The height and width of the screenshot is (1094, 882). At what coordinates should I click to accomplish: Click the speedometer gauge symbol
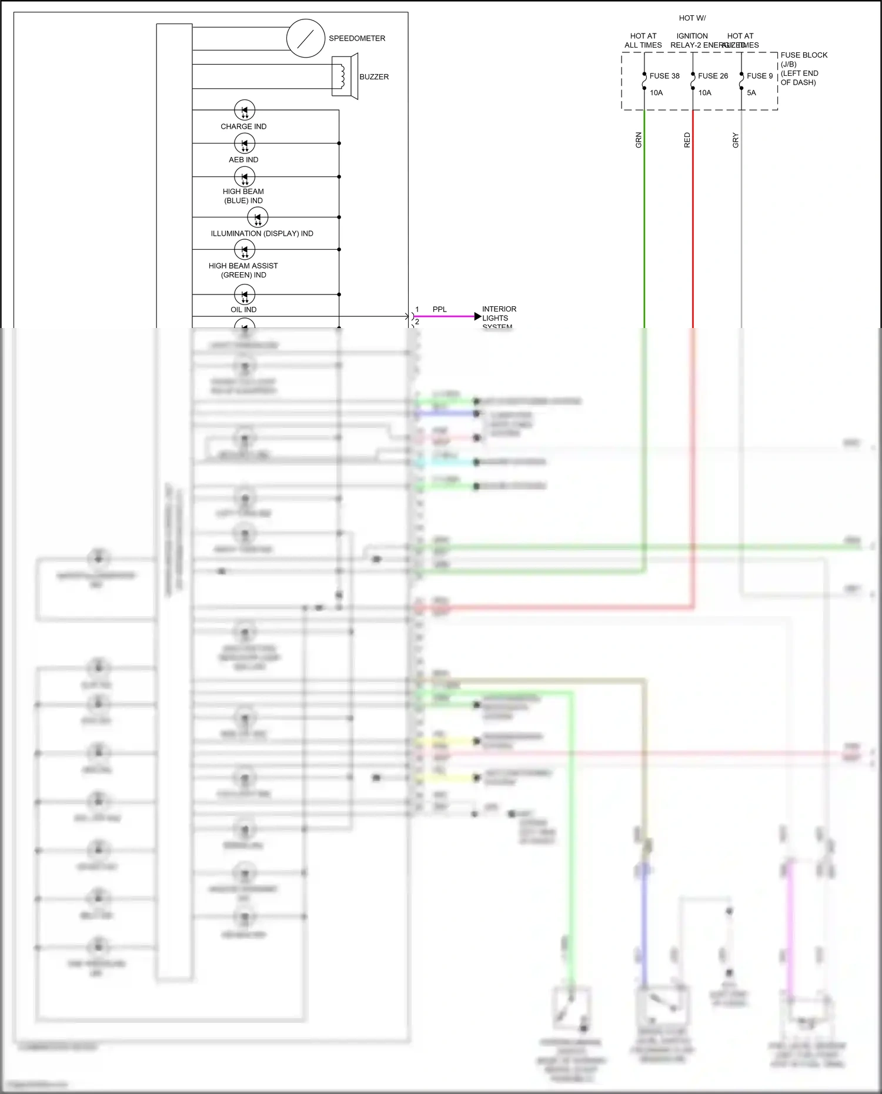point(306,38)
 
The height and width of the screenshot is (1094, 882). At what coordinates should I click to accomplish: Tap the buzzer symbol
point(345,76)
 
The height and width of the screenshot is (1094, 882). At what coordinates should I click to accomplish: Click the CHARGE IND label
point(243,126)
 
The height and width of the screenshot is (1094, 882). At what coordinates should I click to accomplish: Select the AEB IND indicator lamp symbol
point(245,143)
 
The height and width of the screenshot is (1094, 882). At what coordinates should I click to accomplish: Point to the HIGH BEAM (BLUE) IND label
point(243,196)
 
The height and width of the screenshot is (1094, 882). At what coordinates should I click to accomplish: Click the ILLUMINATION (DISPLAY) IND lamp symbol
point(258,218)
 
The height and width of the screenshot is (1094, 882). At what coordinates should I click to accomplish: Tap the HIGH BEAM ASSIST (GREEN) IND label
point(243,270)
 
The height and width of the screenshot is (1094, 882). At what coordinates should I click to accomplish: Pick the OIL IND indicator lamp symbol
point(245,295)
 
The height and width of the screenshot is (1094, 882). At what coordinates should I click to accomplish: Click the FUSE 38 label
point(664,76)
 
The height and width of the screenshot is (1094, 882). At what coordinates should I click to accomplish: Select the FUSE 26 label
point(713,76)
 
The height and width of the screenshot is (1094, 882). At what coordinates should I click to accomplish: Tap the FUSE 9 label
point(760,76)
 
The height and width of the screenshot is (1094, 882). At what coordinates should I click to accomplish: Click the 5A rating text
point(751,93)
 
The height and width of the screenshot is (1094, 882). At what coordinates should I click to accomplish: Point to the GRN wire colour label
point(639,140)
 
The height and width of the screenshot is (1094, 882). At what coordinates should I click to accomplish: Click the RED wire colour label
point(687,140)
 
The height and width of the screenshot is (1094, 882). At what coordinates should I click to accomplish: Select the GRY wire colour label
point(735,140)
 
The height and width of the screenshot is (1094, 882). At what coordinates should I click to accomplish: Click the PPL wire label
point(439,309)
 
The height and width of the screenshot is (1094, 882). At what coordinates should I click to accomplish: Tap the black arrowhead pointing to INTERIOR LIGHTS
point(477,317)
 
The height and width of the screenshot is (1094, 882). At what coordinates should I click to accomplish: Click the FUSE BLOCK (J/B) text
point(803,59)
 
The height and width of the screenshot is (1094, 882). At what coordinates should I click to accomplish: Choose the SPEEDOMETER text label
point(357,38)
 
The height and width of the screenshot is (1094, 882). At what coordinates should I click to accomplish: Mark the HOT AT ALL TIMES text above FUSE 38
point(643,41)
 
